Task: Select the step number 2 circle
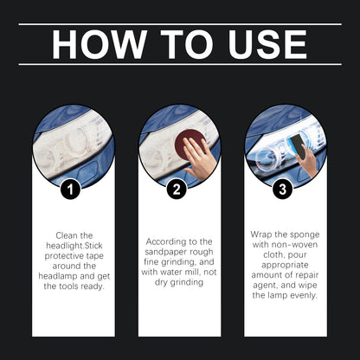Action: click(x=179, y=188)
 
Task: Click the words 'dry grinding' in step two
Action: click(x=179, y=283)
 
